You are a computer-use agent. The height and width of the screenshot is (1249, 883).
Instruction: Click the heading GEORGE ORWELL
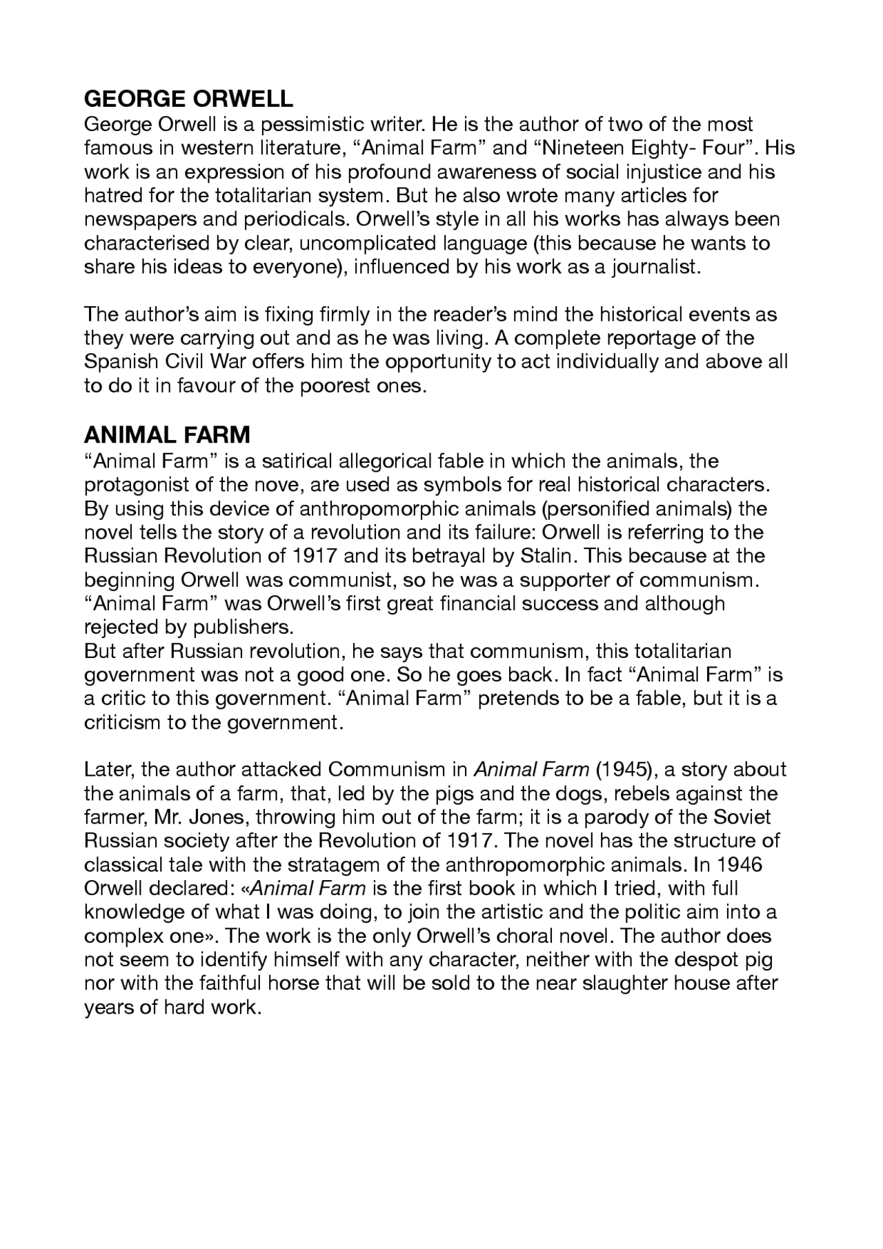188,99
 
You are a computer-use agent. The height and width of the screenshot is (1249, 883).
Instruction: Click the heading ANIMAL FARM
167,435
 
